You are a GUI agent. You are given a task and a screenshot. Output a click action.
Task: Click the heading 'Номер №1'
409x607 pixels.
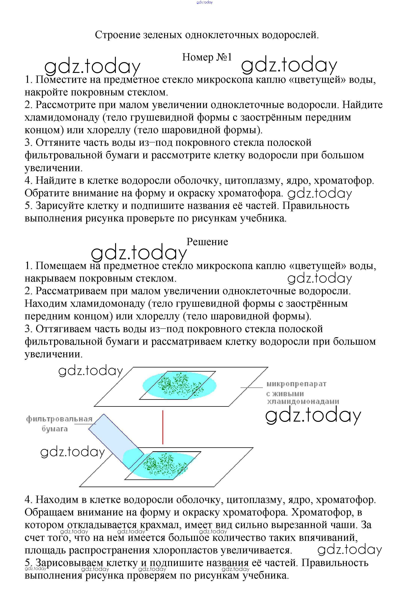[x=207, y=57]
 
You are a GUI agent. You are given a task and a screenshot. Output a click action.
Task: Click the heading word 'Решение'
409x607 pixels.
[x=207, y=242]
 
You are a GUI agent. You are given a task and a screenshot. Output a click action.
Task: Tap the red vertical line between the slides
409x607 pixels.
[x=163, y=427]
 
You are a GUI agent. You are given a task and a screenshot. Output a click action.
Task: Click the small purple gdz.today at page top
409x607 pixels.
[x=205, y=2]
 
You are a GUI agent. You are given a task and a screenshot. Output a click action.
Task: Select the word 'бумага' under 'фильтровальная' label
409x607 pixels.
[x=55, y=429]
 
